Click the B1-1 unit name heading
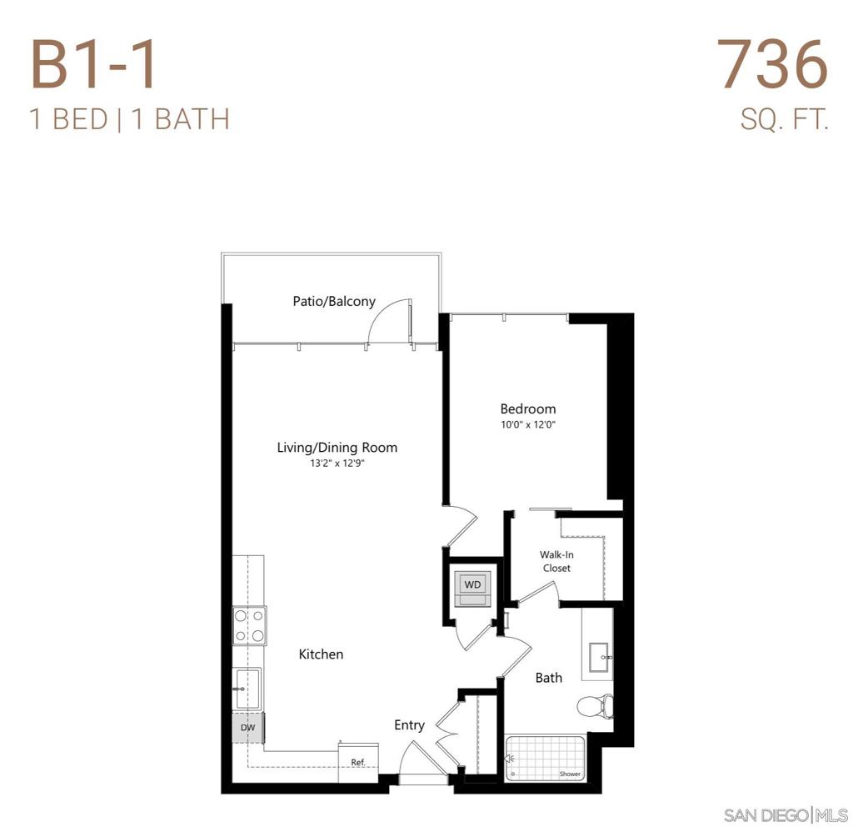tap(93, 64)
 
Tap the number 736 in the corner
tap(774, 64)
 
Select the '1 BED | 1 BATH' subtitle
tap(129, 119)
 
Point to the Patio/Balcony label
tap(334, 301)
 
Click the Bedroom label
tap(527, 408)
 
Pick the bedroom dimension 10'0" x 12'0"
tap(527, 424)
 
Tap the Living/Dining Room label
tap(337, 448)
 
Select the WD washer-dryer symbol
tap(473, 585)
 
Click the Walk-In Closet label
tap(556, 561)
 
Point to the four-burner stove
tap(250, 626)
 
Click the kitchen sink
tap(248, 689)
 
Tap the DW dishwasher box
tap(248, 727)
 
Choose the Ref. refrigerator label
tap(358, 762)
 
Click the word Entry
tap(409, 725)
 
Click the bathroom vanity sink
tap(600, 657)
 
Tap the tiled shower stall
tap(546, 757)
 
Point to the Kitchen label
tap(321, 654)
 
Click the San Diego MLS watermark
tap(786, 814)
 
